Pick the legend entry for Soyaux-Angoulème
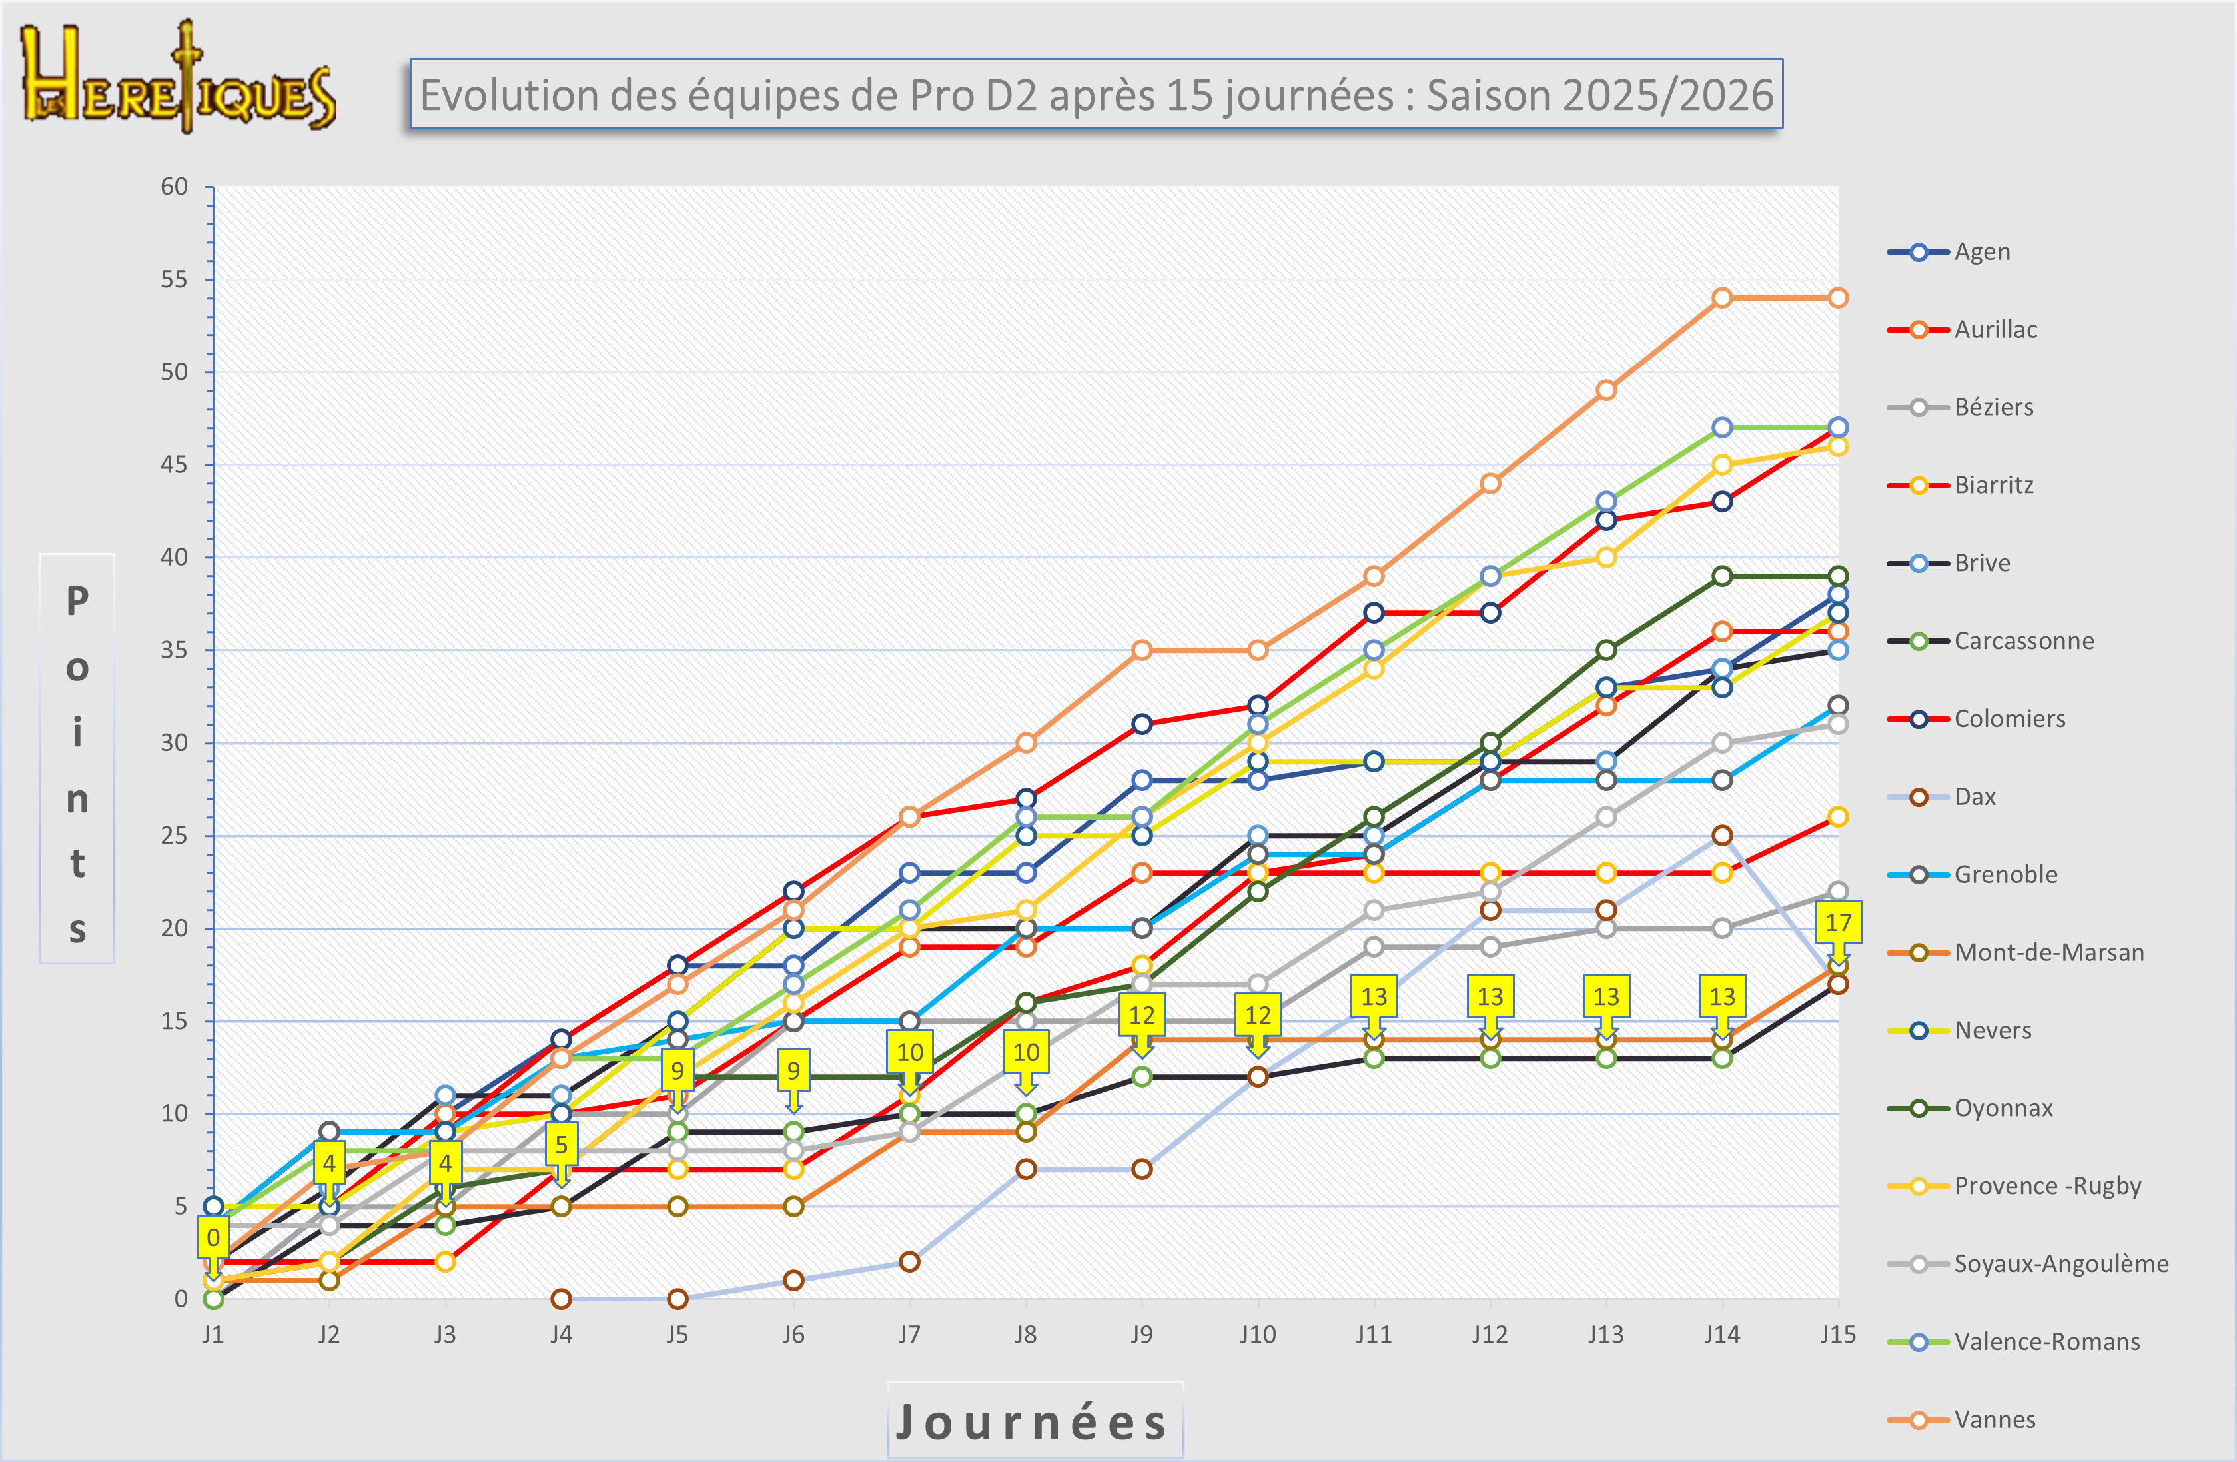click(2060, 1263)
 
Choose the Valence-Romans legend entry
click(2046, 1341)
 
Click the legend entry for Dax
click(1974, 796)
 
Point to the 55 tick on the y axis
click(174, 279)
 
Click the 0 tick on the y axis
click(181, 1299)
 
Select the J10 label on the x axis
click(1258, 1335)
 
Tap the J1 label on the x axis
click(213, 1335)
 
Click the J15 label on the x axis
click(1837, 1335)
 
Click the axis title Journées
click(1034, 1421)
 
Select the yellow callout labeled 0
click(213, 1237)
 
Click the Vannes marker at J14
click(1722, 298)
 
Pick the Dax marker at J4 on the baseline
click(561, 1299)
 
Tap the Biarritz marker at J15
click(1837, 817)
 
